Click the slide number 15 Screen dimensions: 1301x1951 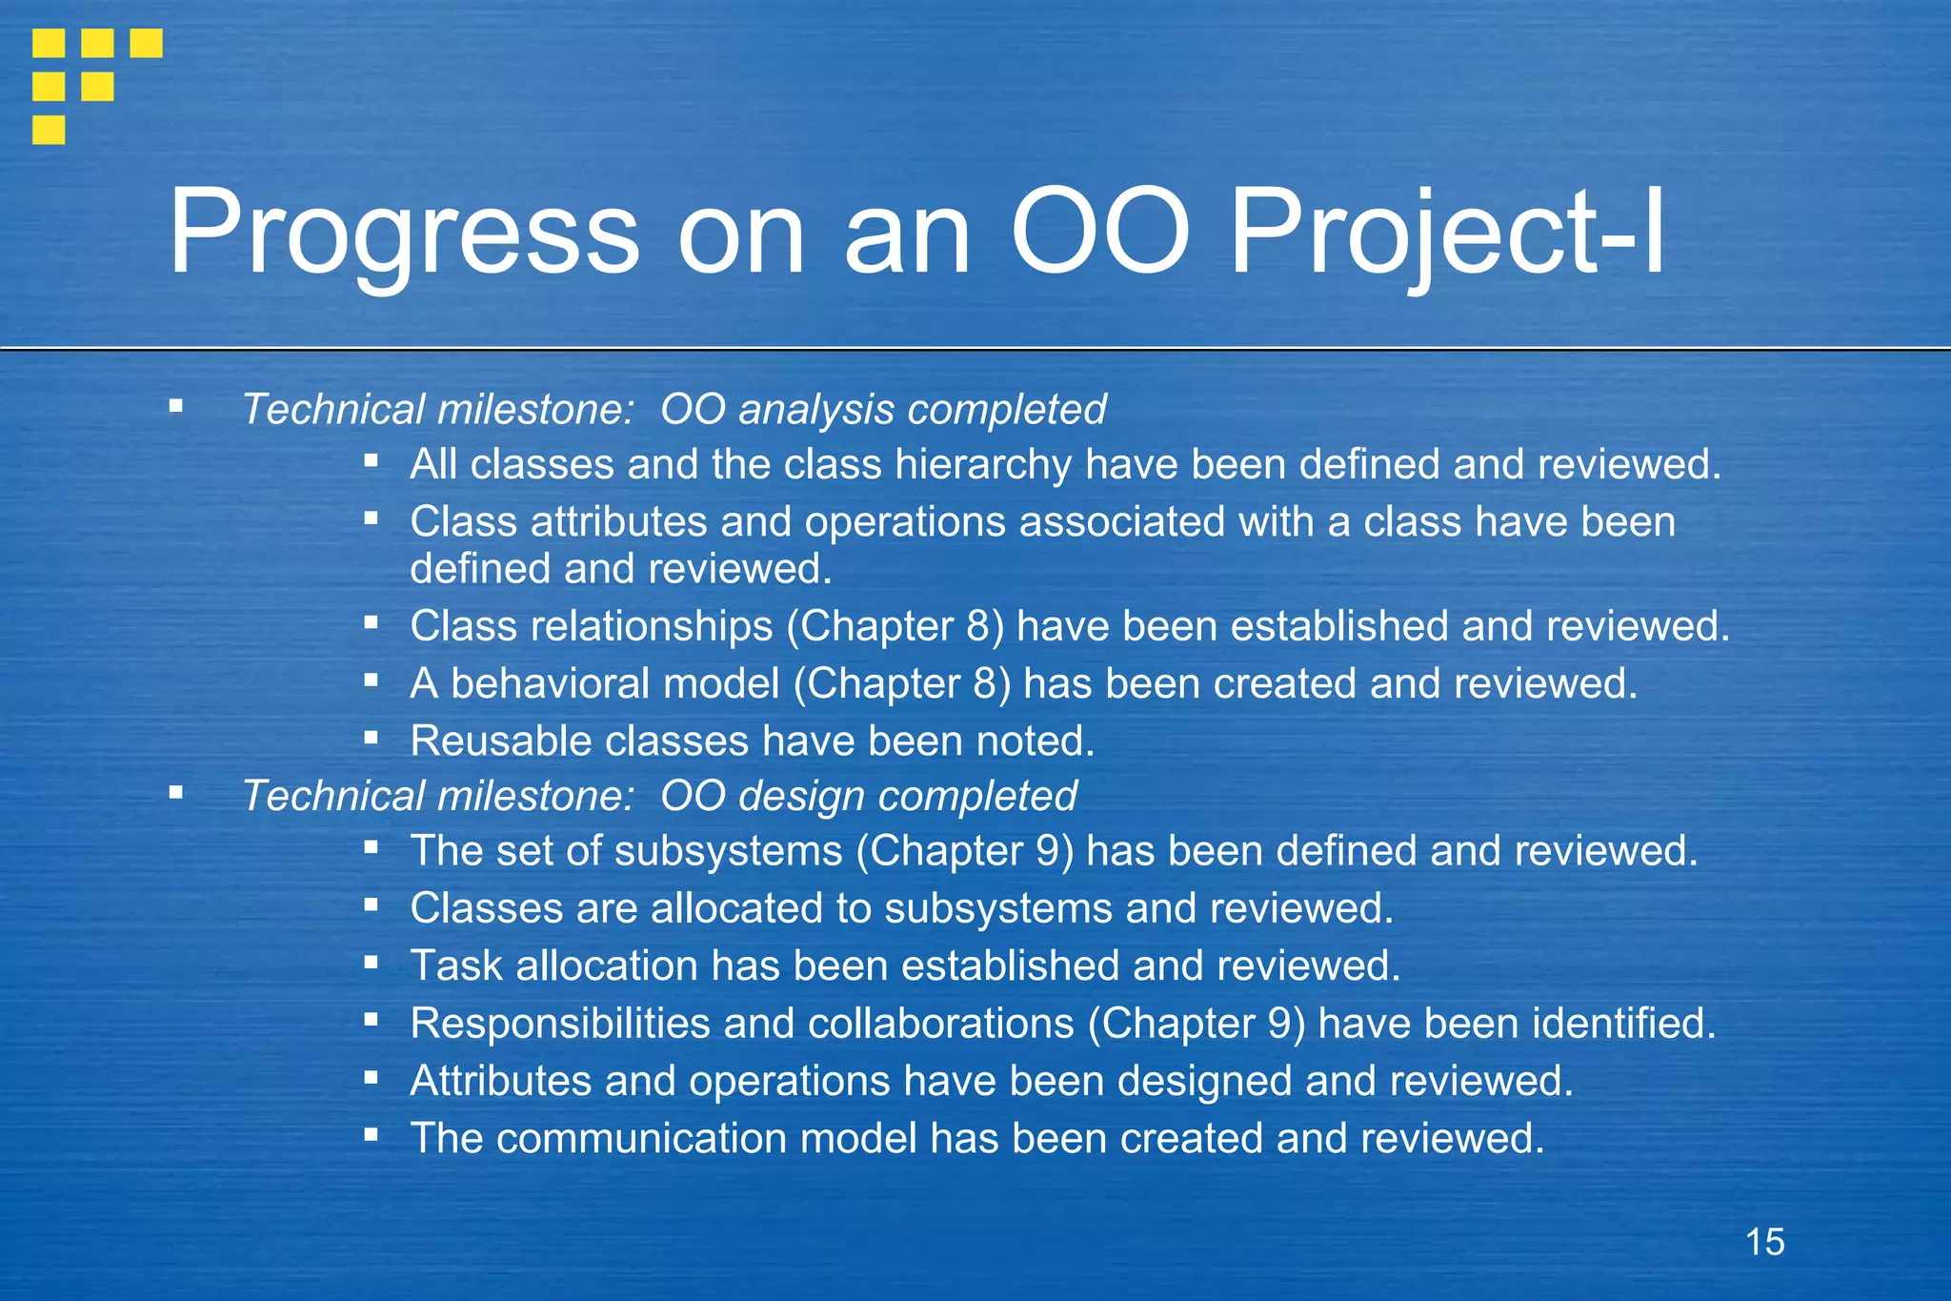[x=1764, y=1242]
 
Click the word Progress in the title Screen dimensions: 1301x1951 [x=404, y=232]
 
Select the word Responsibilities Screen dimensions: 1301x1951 [x=560, y=1024]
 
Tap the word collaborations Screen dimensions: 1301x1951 [x=940, y=1024]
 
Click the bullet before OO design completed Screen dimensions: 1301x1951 [x=175, y=792]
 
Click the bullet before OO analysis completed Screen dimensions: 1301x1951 [x=175, y=406]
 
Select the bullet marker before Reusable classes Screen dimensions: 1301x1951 [x=371, y=737]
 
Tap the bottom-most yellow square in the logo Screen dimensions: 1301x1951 [x=49, y=130]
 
